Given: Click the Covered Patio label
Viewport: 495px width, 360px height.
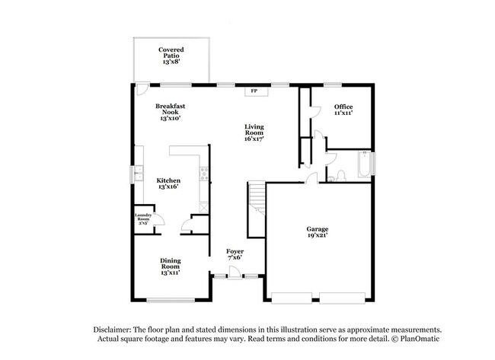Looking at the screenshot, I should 171,55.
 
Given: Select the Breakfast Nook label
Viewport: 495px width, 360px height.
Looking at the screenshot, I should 171,112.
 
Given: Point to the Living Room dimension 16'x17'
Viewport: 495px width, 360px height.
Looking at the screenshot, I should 254,139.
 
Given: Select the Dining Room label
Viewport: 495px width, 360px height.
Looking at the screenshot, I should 170,264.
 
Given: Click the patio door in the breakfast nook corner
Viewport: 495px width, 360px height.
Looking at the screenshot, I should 141,88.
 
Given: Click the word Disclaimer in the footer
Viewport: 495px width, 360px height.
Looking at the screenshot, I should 113,328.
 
